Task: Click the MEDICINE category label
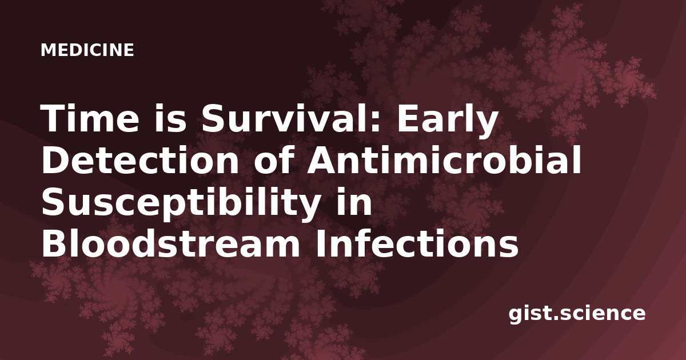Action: (x=87, y=50)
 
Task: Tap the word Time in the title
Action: (x=89, y=118)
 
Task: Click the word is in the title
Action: (x=170, y=118)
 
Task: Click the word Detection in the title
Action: (x=140, y=160)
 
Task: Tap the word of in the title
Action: (x=274, y=159)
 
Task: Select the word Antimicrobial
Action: (x=444, y=159)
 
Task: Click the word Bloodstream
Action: (x=170, y=243)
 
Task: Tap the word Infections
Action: (x=417, y=243)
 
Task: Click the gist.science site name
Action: (x=577, y=314)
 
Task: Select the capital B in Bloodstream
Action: (x=54, y=243)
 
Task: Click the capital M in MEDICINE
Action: (x=48, y=50)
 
